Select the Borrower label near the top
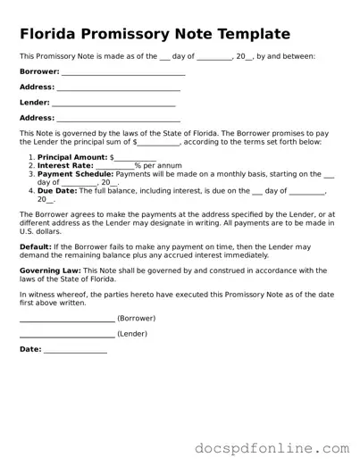tap(38, 72)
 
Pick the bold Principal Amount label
tap(71, 157)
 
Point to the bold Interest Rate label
tap(65, 165)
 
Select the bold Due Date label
tap(58, 191)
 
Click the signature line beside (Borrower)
tap(67, 319)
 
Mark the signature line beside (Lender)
tap(67, 335)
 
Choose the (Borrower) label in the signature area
tap(137, 318)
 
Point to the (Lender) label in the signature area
tap(132, 334)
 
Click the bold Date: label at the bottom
tap(30, 349)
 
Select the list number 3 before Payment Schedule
tap(30, 174)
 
